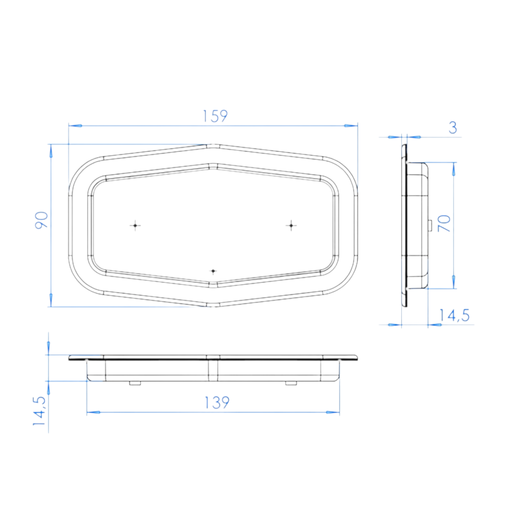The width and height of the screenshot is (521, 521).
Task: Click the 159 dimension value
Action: [x=215, y=116]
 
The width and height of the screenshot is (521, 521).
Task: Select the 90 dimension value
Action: [x=42, y=220]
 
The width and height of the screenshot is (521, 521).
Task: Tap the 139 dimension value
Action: [x=217, y=403]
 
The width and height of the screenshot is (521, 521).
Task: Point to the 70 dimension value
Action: [x=444, y=223]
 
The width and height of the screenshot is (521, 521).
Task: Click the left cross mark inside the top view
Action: [x=135, y=225]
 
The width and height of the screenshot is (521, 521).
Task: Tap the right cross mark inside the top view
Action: [x=291, y=225]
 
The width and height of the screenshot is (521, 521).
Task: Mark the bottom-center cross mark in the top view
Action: [x=213, y=271]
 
